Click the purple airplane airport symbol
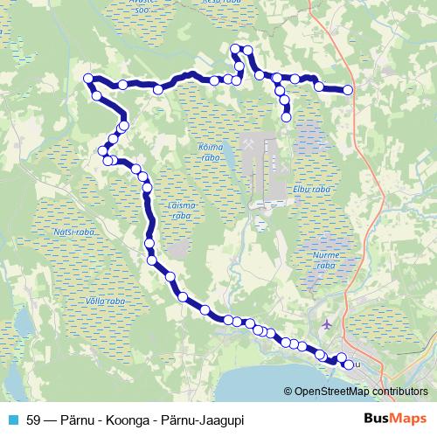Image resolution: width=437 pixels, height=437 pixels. tap(327, 324)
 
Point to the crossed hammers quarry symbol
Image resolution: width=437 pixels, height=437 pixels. tap(252, 140)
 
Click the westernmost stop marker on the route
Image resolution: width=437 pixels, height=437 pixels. tap(87, 80)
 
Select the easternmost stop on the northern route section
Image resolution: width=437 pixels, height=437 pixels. tap(348, 89)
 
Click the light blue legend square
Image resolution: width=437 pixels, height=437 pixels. tap(12, 420)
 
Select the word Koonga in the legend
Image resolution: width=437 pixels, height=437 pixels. tap(134, 420)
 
